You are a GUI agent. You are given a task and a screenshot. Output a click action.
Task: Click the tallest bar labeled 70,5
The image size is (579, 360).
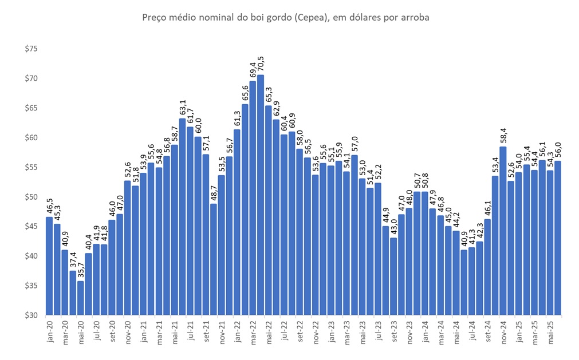tap(261, 195)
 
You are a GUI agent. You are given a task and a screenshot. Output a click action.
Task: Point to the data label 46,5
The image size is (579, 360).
tap(49, 204)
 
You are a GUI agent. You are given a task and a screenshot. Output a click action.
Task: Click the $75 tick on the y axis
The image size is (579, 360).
tap(31, 49)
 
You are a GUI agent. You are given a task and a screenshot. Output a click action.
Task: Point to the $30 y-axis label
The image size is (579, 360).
tap(31, 315)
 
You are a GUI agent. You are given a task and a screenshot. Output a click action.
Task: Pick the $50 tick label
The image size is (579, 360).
tap(31, 197)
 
